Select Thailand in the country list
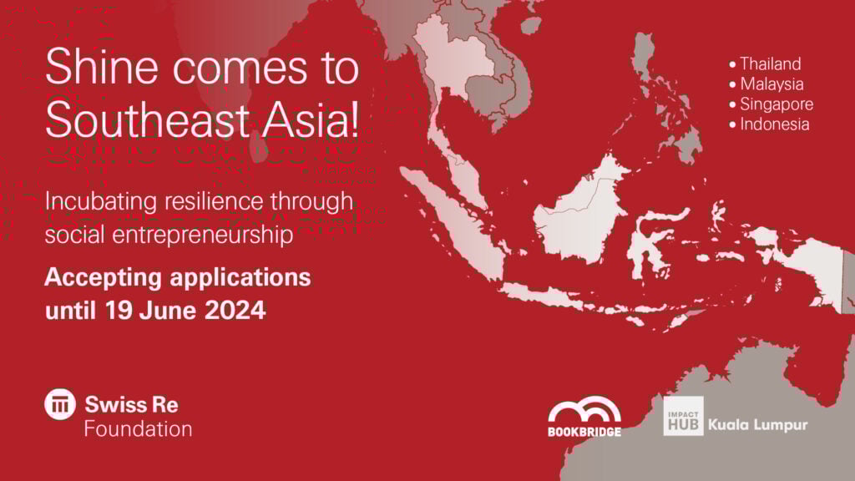(770, 63)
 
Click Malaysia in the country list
(772, 84)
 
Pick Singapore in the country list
(777, 104)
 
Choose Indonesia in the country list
(774, 124)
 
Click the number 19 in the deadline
(118, 310)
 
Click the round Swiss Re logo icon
(60, 404)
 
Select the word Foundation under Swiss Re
(138, 429)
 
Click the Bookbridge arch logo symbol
(584, 410)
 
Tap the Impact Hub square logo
(683, 416)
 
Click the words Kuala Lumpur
(758, 425)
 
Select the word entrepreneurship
(203, 235)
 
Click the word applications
(240, 278)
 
